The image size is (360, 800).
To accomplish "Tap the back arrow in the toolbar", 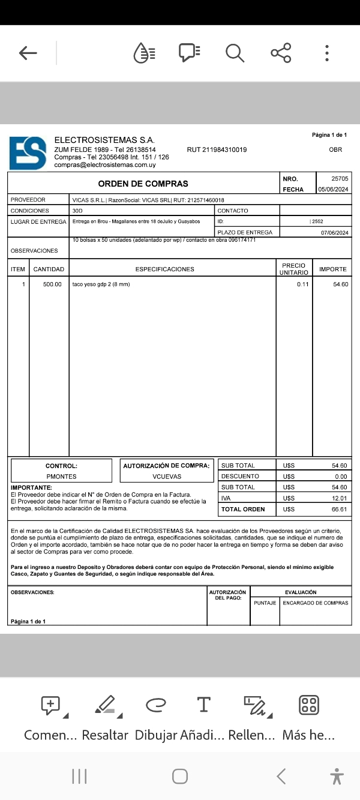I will (28, 53).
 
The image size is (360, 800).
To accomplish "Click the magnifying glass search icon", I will (235, 53).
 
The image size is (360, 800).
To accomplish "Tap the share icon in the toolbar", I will (281, 53).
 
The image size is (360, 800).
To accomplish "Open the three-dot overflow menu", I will (326, 53).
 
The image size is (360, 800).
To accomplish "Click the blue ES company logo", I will (28, 154).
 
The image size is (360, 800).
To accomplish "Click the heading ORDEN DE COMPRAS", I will (143, 184).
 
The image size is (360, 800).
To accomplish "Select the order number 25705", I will (339, 179).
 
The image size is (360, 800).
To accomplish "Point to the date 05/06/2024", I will (333, 190).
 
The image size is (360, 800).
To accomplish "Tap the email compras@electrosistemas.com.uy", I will (105, 165).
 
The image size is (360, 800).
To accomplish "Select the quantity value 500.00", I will (52, 284).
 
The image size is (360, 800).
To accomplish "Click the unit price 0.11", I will (302, 284).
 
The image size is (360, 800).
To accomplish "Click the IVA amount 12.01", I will (339, 498).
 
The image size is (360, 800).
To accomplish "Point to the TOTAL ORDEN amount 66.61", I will (339, 510).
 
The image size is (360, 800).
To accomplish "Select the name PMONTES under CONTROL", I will (61, 477).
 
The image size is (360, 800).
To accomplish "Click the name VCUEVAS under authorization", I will (167, 477).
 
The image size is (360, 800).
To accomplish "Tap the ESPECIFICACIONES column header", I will (164, 269).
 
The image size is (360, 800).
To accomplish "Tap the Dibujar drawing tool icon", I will (156, 705).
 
